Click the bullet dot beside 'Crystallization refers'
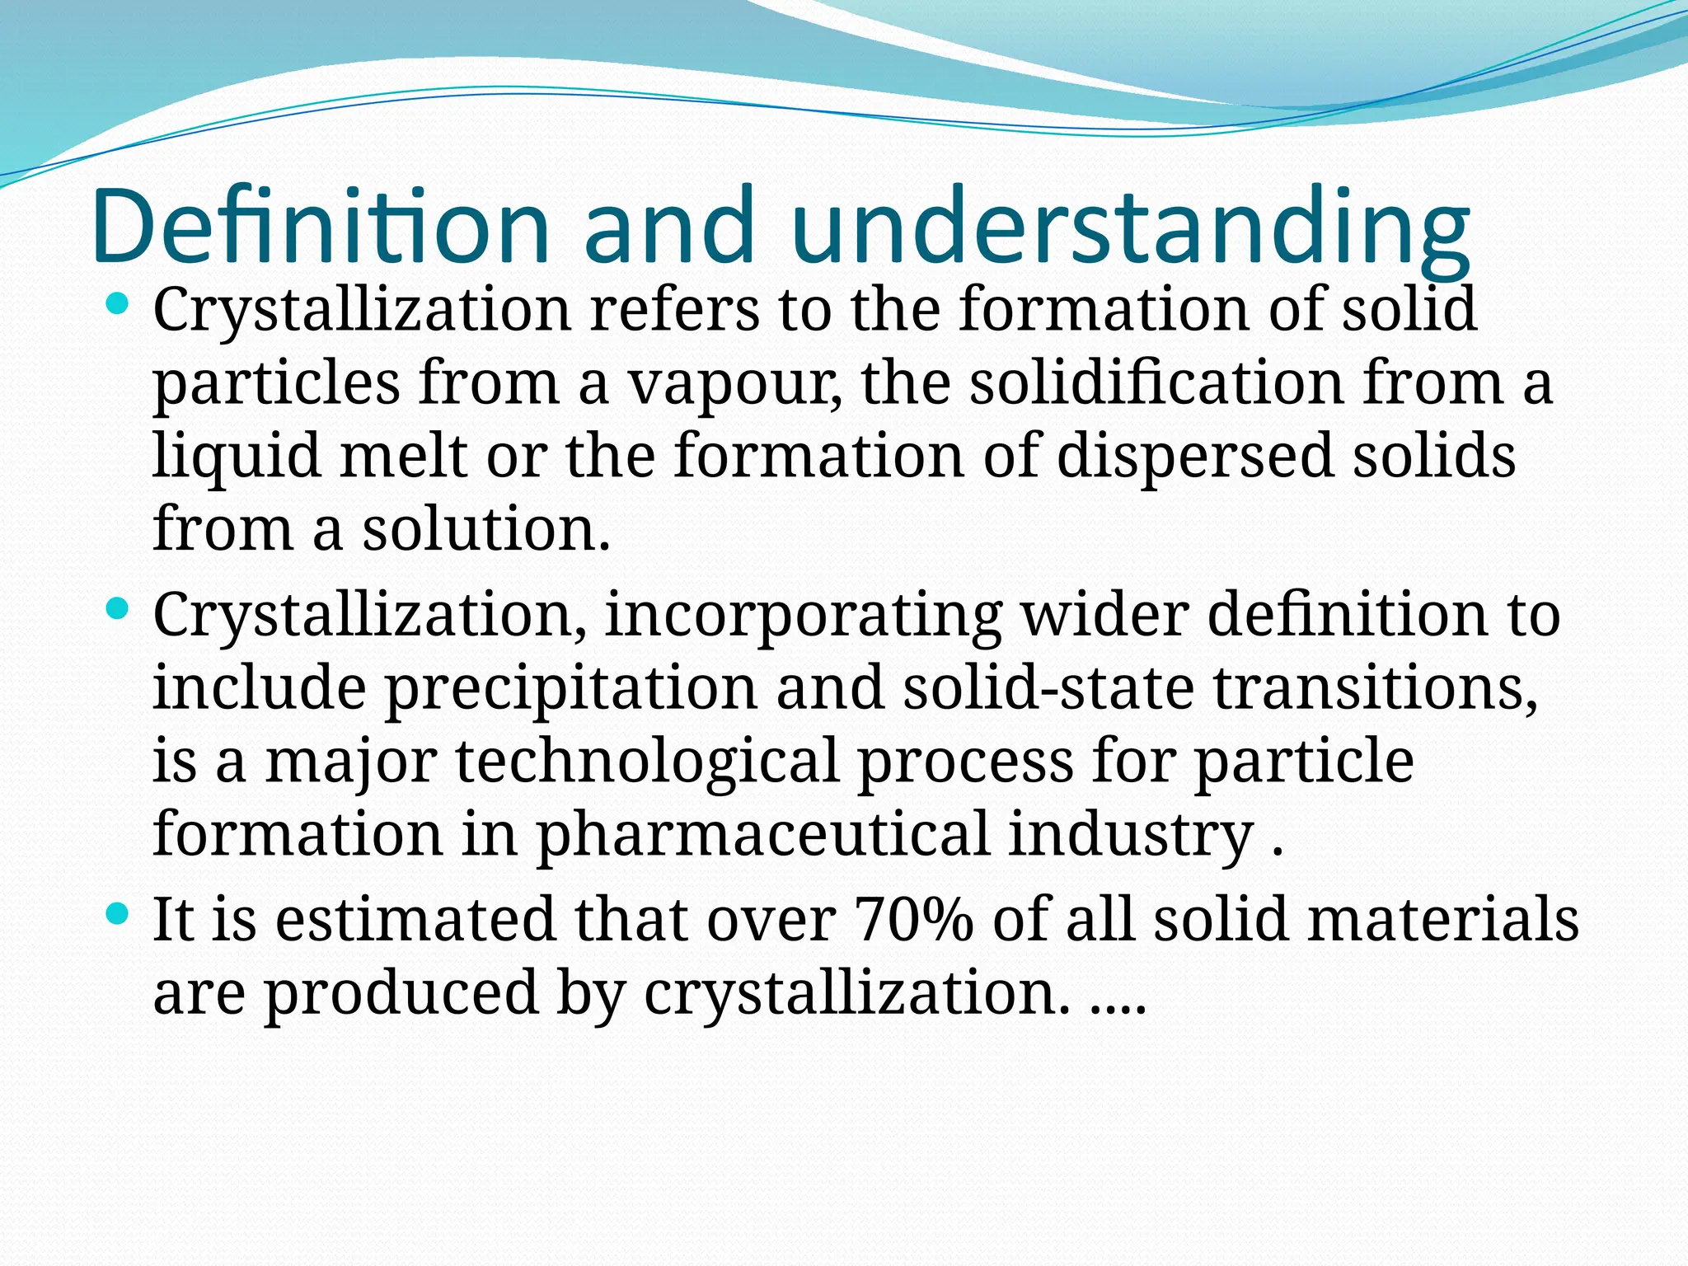[x=119, y=306]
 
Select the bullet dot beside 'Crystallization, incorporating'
[x=119, y=611]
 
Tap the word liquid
[x=237, y=457]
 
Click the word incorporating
[x=804, y=617]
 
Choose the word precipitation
[x=570, y=689]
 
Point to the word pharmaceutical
[x=762, y=834]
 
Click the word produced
[x=401, y=992]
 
